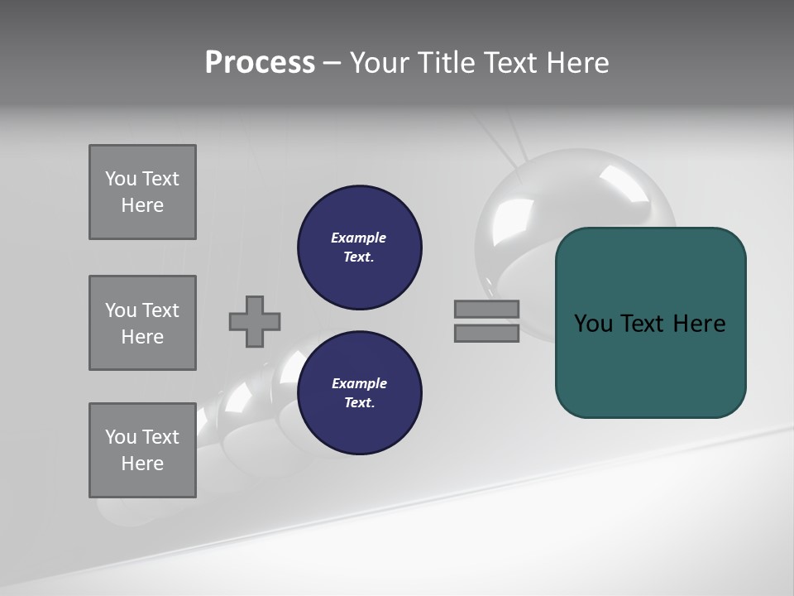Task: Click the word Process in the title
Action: point(260,63)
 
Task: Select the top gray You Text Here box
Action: point(142,192)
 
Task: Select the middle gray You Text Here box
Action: point(142,323)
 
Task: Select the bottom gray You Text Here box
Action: point(142,450)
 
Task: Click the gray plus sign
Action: point(255,321)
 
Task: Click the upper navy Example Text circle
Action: point(359,248)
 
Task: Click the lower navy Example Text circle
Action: point(359,393)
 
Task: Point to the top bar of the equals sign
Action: point(486,309)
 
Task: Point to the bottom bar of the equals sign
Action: point(486,333)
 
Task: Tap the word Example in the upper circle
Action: point(359,238)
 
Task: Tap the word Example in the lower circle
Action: point(359,383)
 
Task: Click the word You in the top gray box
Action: point(121,179)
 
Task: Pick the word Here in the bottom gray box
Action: point(142,464)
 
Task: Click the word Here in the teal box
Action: point(699,324)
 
